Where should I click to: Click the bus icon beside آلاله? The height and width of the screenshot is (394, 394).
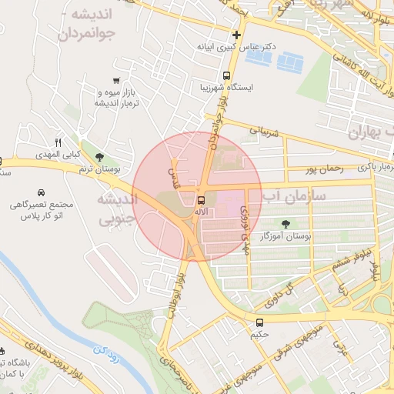pyautogui.click(x=202, y=200)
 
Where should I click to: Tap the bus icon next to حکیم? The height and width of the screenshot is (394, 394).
pyautogui.click(x=259, y=323)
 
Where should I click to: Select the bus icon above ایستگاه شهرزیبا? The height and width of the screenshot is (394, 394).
pyautogui.click(x=226, y=75)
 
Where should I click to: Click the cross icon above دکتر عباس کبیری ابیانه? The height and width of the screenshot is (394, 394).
pyautogui.click(x=236, y=35)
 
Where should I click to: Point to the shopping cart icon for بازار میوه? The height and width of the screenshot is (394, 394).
pyautogui.click(x=116, y=81)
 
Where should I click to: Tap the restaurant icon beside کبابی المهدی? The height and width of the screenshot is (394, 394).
pyautogui.click(x=58, y=142)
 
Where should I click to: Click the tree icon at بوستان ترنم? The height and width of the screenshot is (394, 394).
pyautogui.click(x=98, y=156)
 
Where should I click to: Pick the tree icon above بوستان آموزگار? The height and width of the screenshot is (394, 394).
pyautogui.click(x=286, y=224)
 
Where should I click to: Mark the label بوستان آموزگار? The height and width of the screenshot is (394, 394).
pyautogui.click(x=285, y=238)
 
